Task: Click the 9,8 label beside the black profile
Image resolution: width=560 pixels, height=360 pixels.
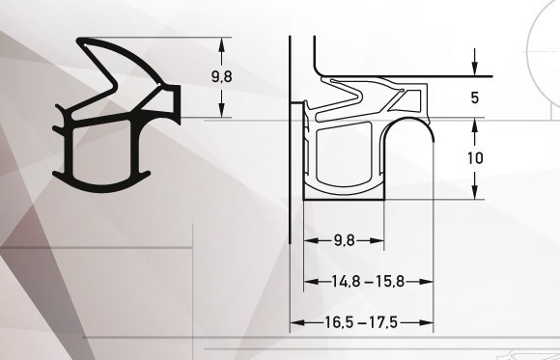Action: [222, 77]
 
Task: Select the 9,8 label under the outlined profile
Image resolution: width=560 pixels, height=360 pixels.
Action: [345, 240]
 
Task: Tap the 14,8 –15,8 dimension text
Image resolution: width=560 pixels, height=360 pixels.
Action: [368, 282]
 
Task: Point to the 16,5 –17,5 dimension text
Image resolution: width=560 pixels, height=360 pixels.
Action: [361, 323]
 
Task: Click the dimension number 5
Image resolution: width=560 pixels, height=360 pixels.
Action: [475, 97]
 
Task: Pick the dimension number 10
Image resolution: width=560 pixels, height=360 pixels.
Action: [475, 158]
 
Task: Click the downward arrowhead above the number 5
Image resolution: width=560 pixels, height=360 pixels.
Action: [475, 69]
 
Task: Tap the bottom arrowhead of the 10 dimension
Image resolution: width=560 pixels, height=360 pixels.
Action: [475, 192]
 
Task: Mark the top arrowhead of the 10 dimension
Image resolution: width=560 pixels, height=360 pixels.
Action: [475, 125]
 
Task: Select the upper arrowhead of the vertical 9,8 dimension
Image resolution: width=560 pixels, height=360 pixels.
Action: [222, 44]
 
